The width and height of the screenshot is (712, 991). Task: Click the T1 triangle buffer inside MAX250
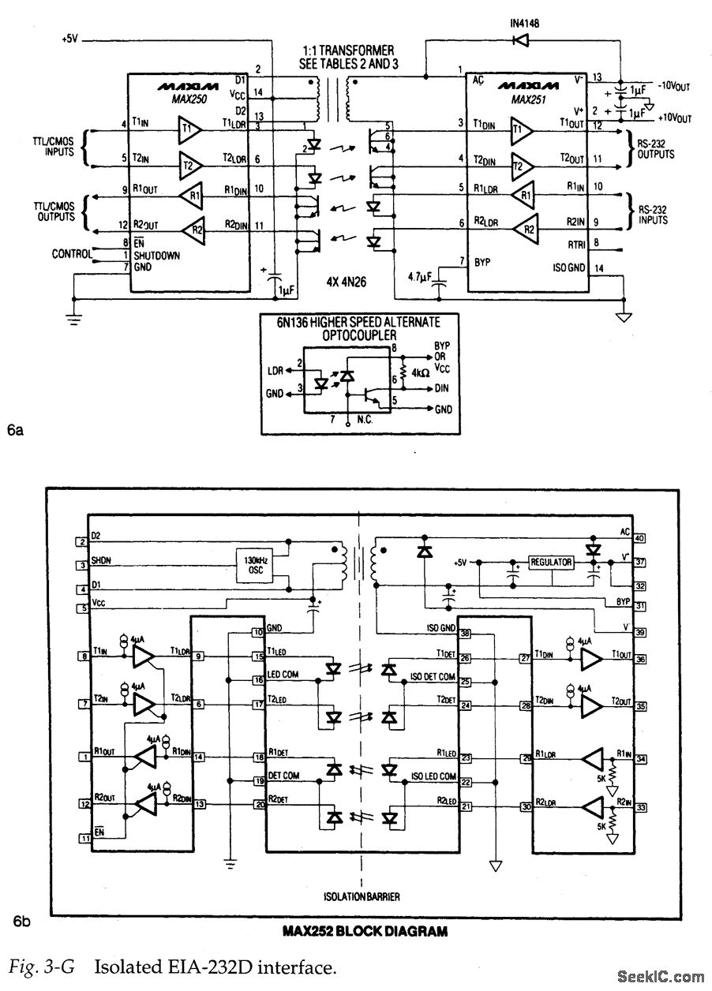[190, 129]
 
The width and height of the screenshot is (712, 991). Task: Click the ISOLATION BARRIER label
[361, 896]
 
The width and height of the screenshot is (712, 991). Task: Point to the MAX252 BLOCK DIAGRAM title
[365, 931]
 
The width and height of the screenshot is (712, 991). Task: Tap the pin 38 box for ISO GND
[466, 634]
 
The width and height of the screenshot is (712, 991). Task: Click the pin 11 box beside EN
[82, 838]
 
